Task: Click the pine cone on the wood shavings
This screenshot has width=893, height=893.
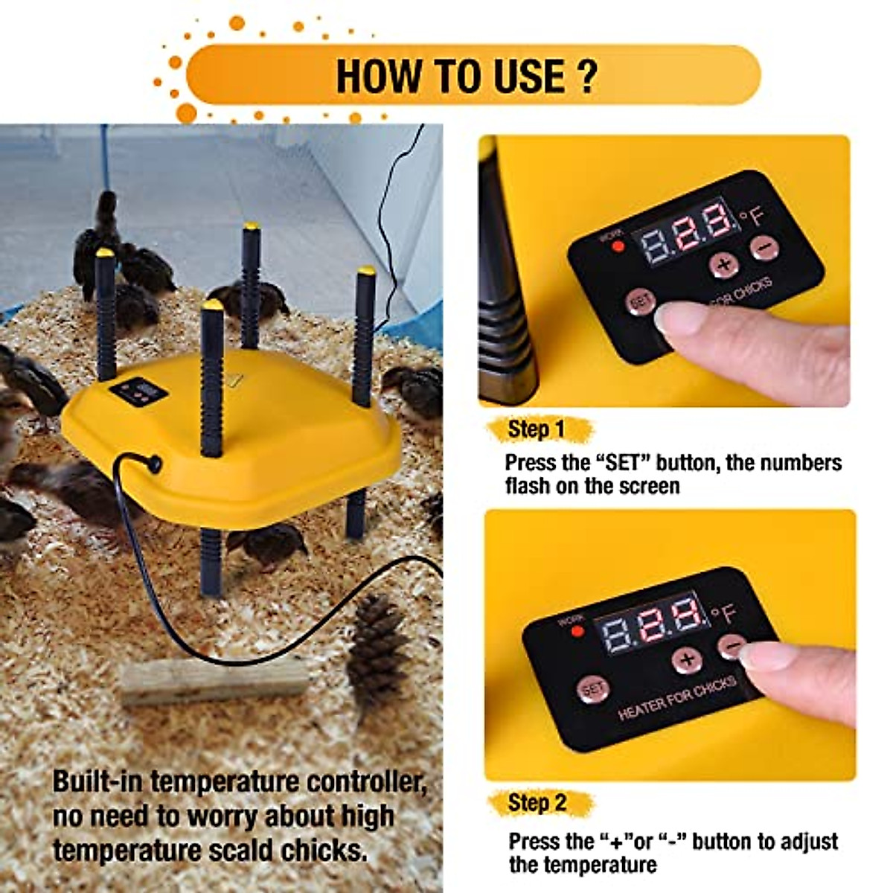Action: [x=377, y=649]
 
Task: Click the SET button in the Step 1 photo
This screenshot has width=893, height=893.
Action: [x=639, y=301]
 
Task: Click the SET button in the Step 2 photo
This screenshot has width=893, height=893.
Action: [x=592, y=690]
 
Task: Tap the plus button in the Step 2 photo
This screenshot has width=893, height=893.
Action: [x=686, y=659]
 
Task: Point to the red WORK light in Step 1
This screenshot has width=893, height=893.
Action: [x=617, y=246]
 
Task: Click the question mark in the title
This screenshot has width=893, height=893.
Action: [x=586, y=74]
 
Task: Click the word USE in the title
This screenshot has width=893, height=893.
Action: [x=515, y=75]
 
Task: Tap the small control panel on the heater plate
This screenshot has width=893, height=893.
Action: [x=138, y=392]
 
